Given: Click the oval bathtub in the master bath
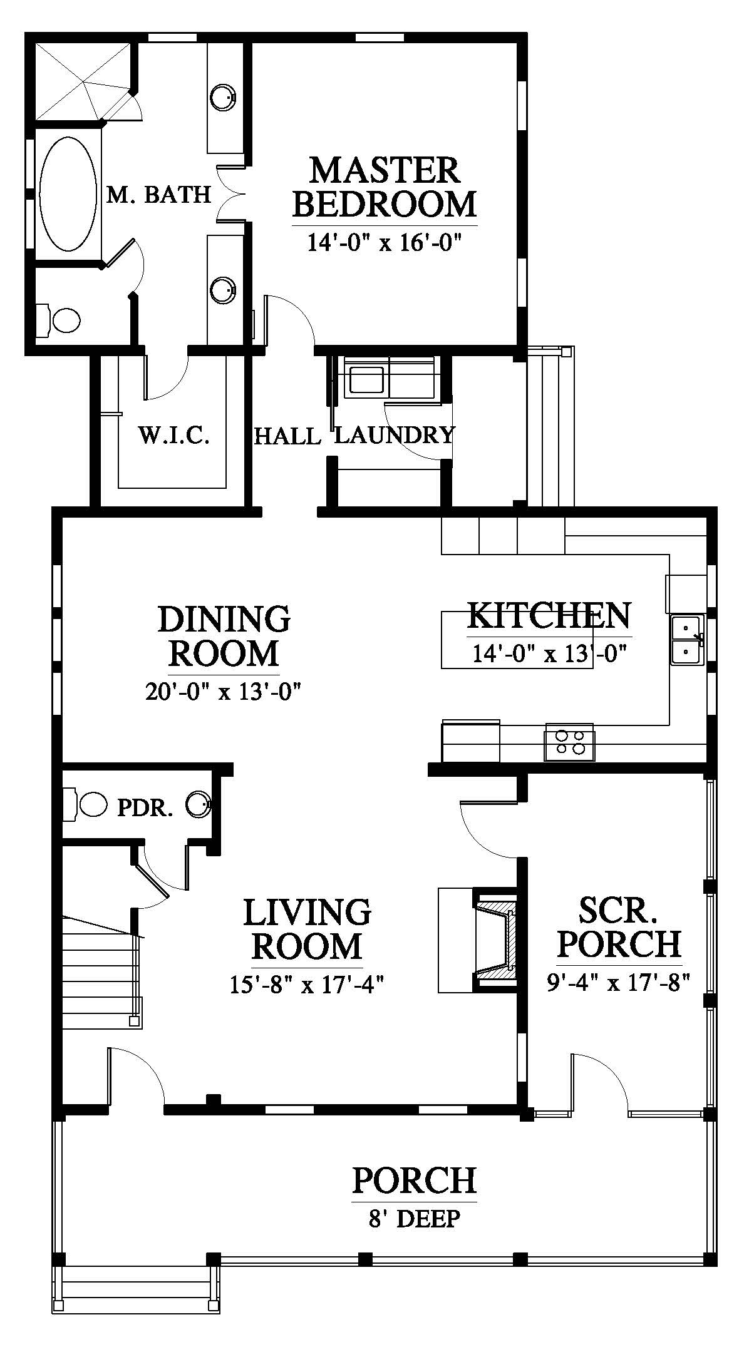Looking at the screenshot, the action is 68,194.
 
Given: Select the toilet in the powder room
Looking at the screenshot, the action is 88,804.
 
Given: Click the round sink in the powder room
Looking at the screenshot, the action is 199,804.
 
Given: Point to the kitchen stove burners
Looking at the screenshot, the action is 569,742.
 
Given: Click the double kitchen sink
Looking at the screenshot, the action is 688,639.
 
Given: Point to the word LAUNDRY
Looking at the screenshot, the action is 394,434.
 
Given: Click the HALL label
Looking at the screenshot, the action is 287,436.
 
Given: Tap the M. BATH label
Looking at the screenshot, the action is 158,195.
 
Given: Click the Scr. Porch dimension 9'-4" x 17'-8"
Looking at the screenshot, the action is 618,983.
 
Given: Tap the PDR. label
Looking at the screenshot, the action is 145,808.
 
